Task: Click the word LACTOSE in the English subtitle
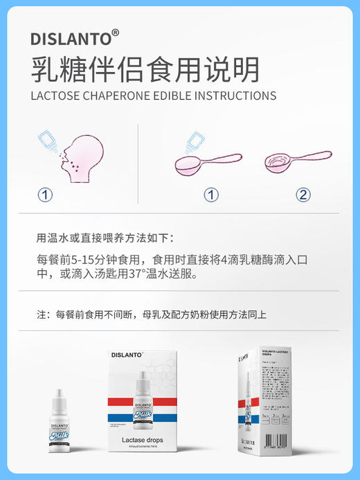[x=57, y=96]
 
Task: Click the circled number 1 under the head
[x=45, y=195]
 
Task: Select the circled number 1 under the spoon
[x=212, y=195]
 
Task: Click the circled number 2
[x=303, y=195]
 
